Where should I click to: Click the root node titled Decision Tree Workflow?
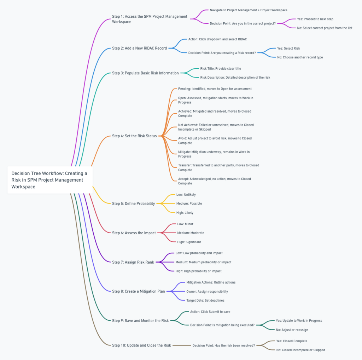click(49, 180)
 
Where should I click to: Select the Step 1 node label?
click(150, 19)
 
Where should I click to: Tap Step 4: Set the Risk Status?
click(134, 136)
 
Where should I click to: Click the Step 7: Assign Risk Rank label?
click(133, 262)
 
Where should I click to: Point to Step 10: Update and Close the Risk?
click(141, 345)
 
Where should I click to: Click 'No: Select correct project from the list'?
click(325, 28)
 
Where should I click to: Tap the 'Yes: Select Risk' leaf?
click(288, 48)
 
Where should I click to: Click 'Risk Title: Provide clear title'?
click(221, 68)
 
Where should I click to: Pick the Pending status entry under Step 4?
click(215, 88)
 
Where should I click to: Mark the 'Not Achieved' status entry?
click(216, 127)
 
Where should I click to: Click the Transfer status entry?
click(218, 167)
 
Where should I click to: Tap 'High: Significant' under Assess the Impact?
click(189, 242)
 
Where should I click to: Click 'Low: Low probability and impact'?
click(199, 253)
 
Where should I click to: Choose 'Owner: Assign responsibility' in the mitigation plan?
click(207, 292)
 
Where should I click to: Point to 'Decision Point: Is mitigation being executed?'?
click(222, 325)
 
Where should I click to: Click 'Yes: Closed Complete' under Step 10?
click(291, 341)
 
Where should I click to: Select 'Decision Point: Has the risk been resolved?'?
click(223, 345)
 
